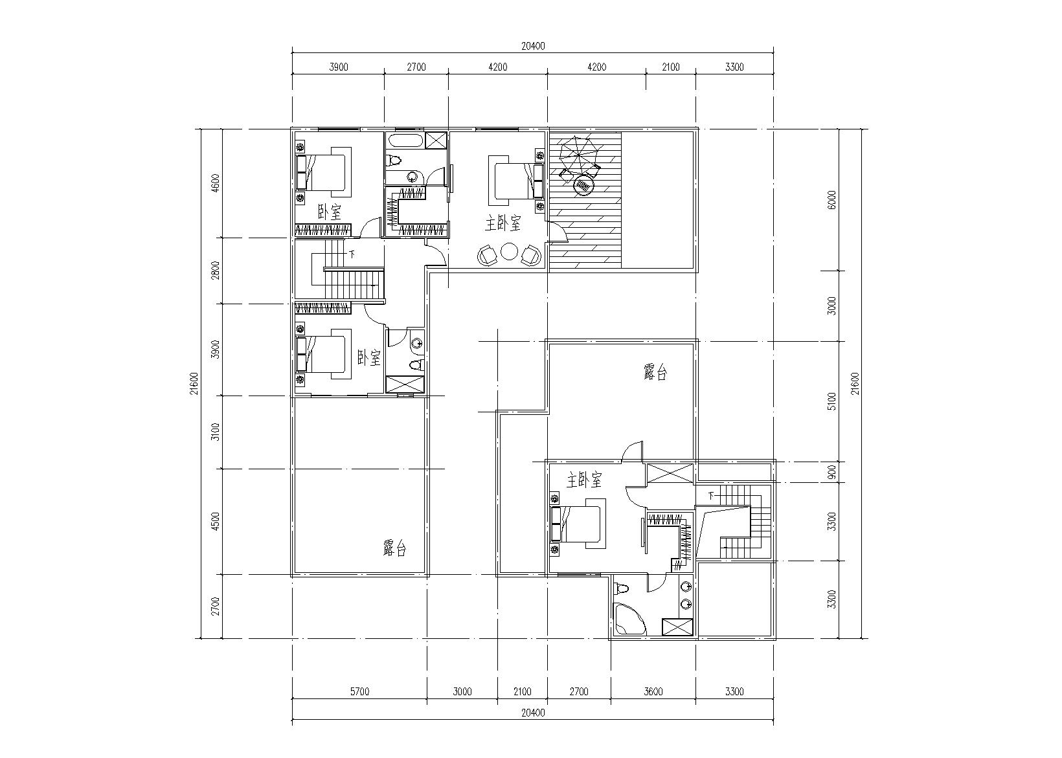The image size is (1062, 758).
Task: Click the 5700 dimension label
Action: [359, 691]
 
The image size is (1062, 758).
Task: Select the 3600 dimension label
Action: [653, 691]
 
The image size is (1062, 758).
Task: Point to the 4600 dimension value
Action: [216, 183]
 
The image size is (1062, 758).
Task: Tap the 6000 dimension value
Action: [831, 200]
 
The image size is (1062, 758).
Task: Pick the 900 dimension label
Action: [831, 472]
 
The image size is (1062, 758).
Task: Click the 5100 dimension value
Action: [831, 401]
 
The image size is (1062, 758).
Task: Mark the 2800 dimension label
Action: [216, 270]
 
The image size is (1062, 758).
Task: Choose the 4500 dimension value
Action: [216, 521]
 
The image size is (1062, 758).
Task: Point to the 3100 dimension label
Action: [216, 432]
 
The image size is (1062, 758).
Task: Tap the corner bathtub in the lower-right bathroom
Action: [629, 618]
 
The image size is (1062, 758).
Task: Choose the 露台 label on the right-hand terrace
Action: [655, 373]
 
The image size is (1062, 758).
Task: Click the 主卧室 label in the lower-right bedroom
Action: [584, 480]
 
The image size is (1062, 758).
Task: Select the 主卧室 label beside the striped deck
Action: [503, 223]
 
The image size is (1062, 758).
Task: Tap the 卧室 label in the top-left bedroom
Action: [330, 212]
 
